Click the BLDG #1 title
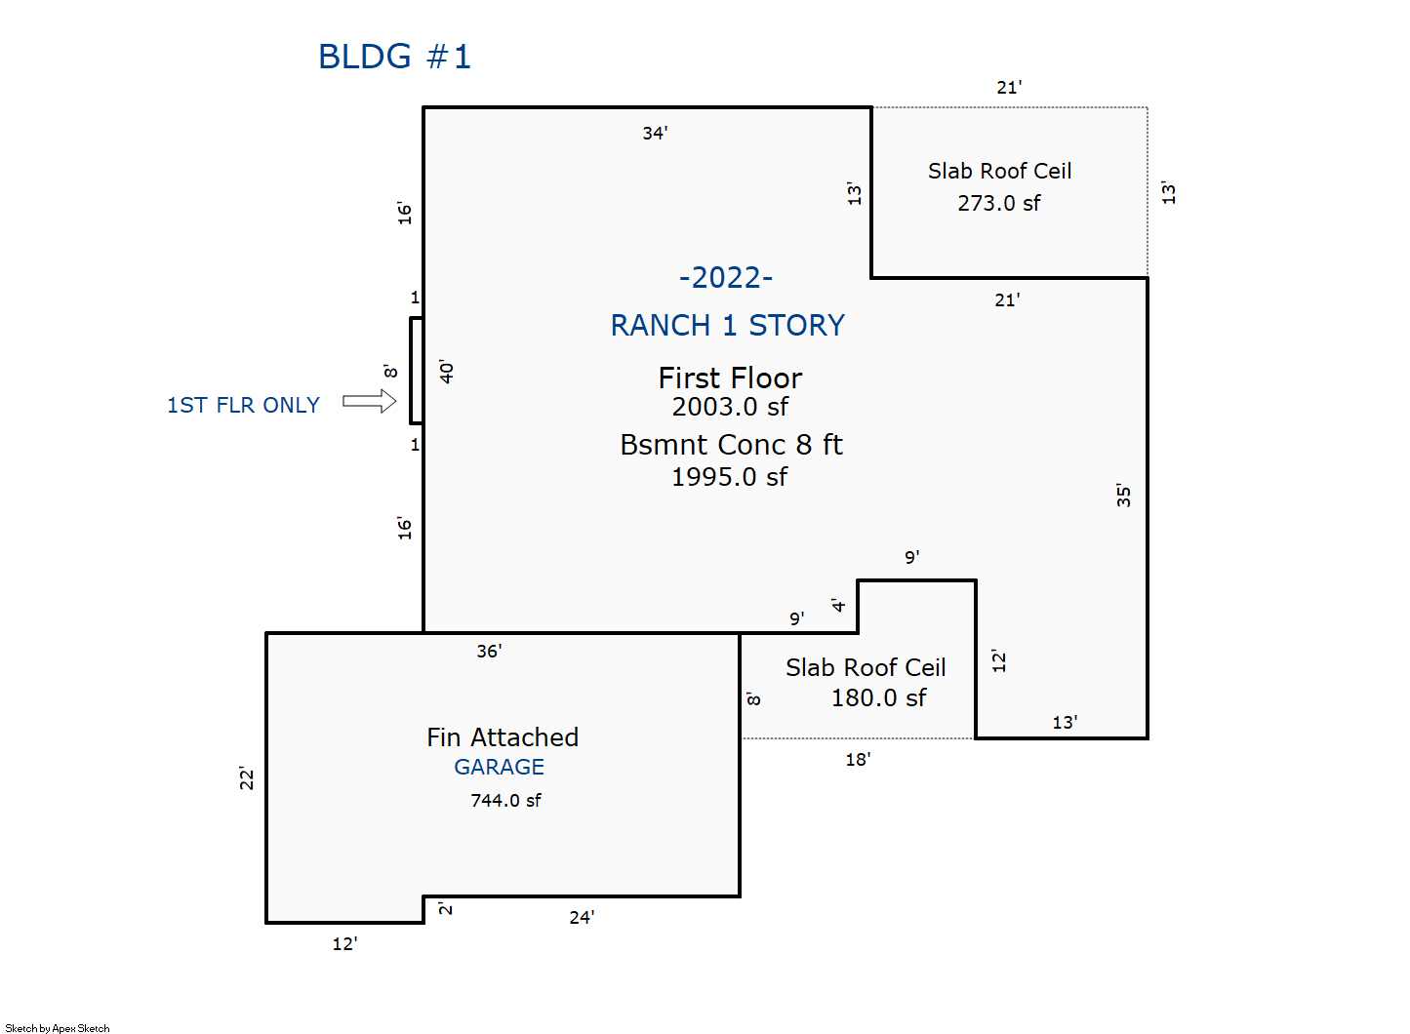tap(394, 57)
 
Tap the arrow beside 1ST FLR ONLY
tap(370, 401)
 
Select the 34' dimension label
tap(655, 133)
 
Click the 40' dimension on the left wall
tap(446, 372)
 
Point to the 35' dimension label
tap(1123, 496)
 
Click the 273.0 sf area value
tap(999, 203)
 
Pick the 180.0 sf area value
tap(879, 697)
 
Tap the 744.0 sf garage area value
tap(505, 801)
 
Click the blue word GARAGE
tap(500, 767)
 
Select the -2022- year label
tap(726, 278)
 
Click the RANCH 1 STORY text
tap(728, 326)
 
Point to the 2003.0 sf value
tap(730, 407)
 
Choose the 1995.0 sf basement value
tap(729, 477)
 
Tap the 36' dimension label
tap(489, 651)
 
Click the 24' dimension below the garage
tap(582, 918)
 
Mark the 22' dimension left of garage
tap(246, 778)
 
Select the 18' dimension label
tap(858, 760)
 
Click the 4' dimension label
tap(838, 605)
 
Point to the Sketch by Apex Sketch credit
tap(58, 1028)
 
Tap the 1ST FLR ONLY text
tap(243, 405)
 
